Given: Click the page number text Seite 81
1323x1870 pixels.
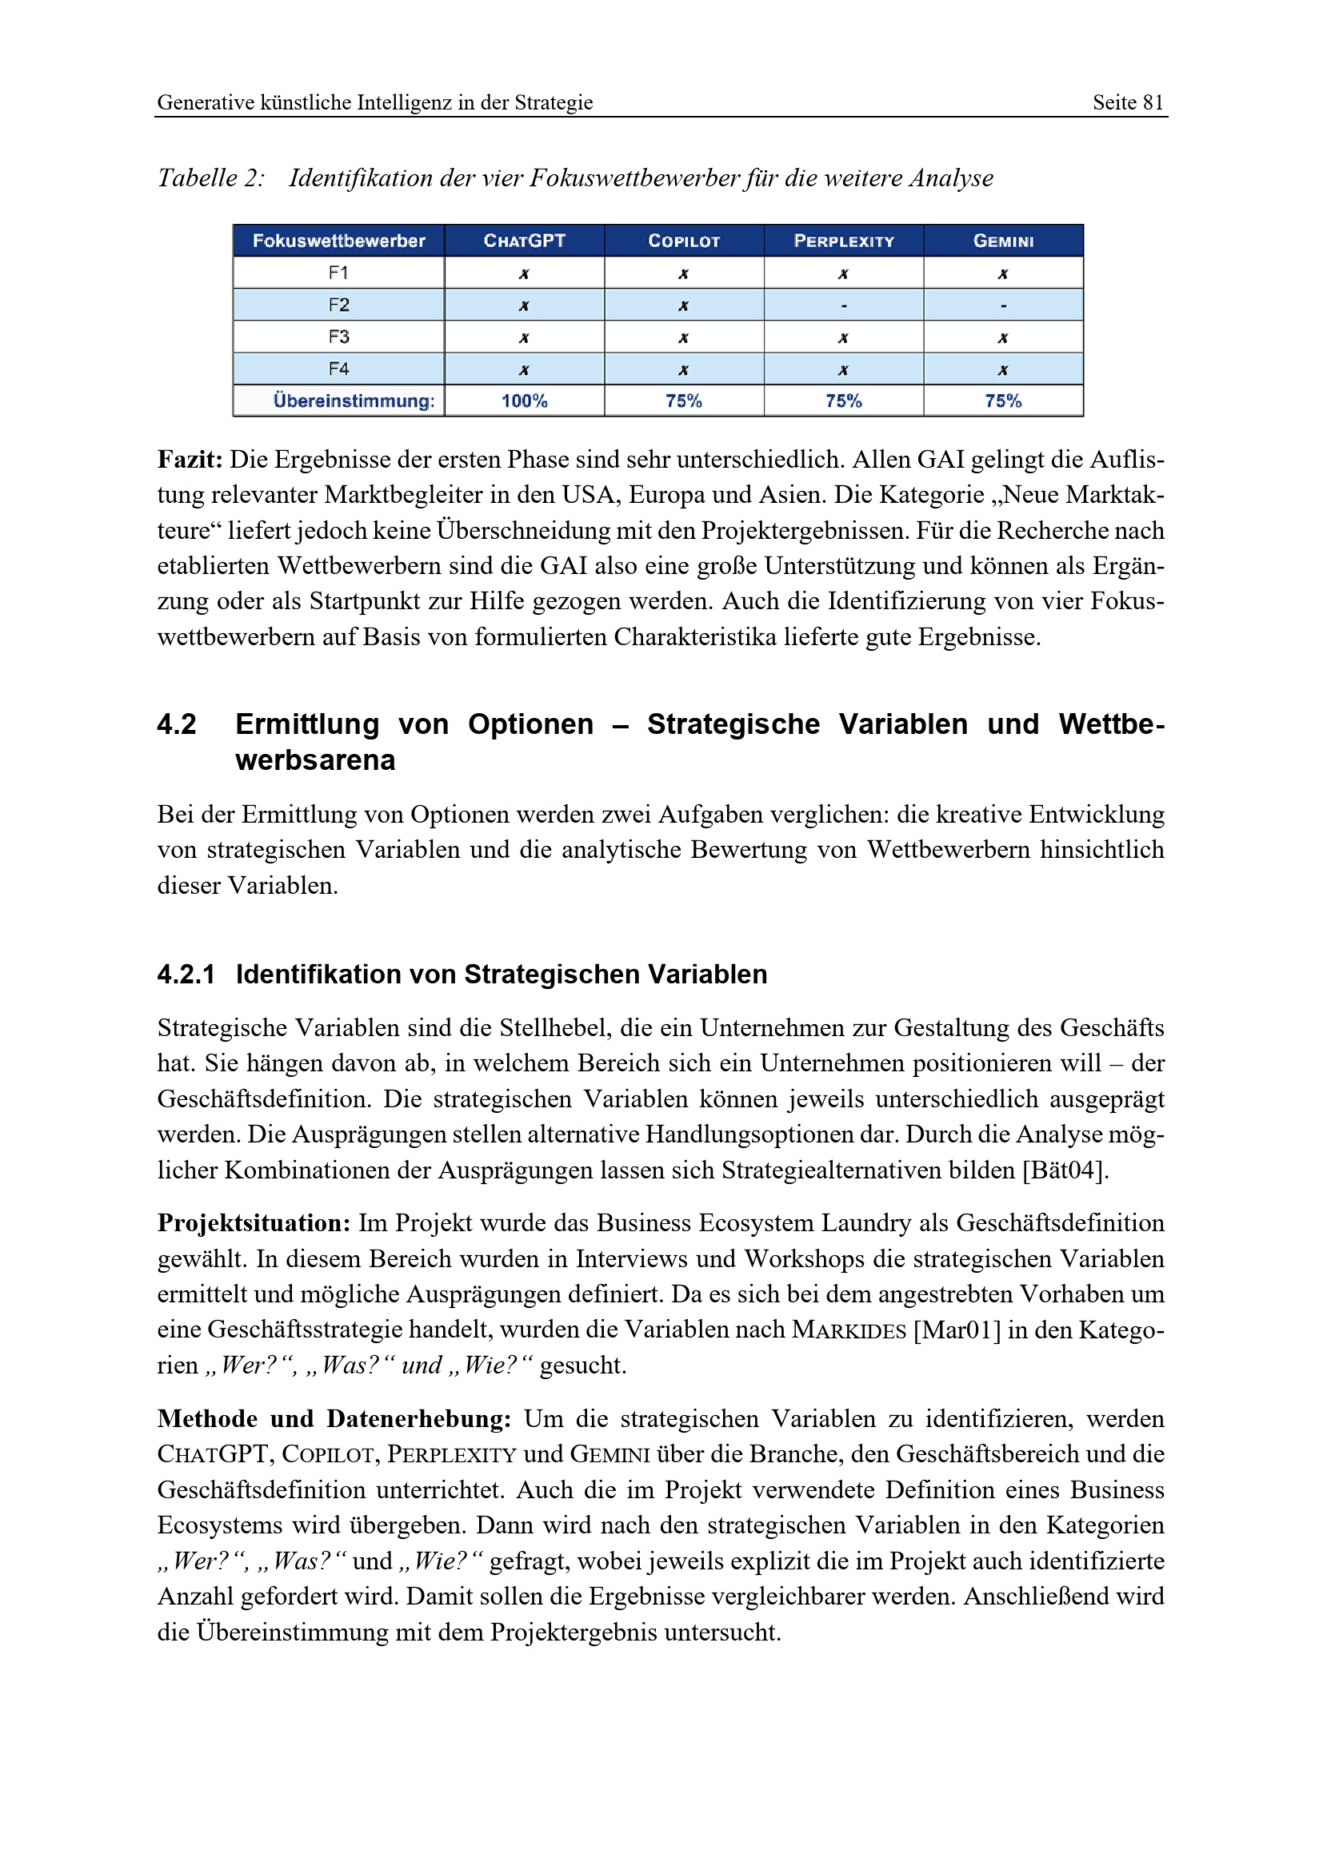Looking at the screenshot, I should (1128, 102).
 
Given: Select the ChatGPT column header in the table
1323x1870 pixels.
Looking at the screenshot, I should (524, 241).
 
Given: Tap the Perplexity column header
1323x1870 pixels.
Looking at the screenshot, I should (843, 241).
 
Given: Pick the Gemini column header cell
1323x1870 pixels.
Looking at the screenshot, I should (1003, 241).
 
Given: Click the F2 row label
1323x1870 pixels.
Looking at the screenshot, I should (339, 305).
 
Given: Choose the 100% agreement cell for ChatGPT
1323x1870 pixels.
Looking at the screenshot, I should (524, 401).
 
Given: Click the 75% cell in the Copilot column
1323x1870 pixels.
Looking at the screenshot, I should (683, 401).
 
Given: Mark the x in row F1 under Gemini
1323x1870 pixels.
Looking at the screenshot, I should (1003, 274).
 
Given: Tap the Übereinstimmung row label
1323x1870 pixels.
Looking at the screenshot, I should (354, 401).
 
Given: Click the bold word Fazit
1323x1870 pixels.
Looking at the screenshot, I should (190, 461).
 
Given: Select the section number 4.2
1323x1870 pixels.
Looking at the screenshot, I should (177, 724).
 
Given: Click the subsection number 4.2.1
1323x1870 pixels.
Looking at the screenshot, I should (186, 974).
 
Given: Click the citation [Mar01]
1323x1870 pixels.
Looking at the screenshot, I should (957, 1330).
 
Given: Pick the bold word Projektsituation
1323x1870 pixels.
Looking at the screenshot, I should (254, 1223).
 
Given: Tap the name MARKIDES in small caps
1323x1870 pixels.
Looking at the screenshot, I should (849, 1331).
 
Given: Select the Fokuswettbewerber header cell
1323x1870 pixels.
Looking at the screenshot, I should (339, 241).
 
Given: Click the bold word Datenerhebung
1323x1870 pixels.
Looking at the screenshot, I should (418, 1419).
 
